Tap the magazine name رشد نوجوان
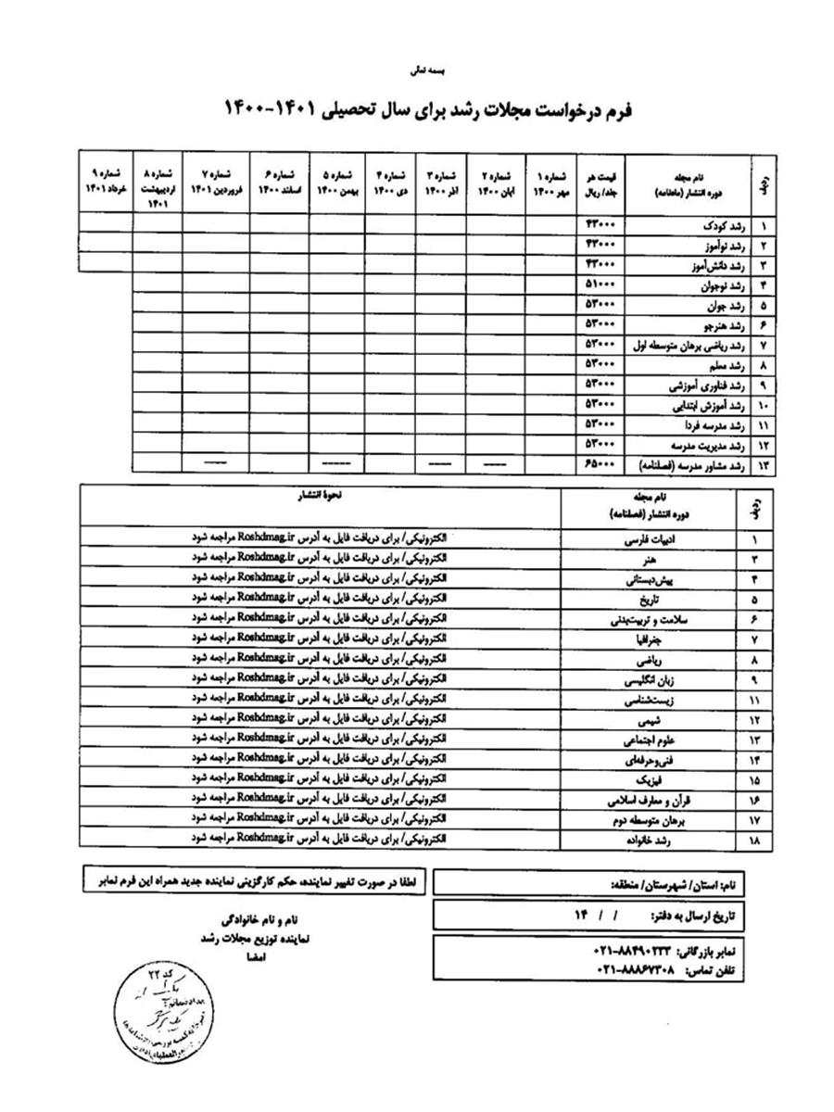coord(716,284)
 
